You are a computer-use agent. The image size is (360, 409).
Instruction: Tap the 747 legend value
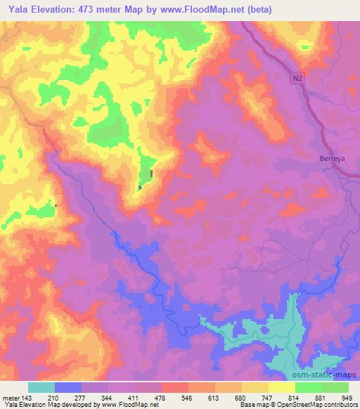click(x=258, y=398)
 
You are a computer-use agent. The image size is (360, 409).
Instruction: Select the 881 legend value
click(x=311, y=398)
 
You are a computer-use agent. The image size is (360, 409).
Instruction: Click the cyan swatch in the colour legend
click(x=41, y=387)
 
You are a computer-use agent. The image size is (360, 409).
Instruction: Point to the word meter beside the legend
click(x=12, y=398)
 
